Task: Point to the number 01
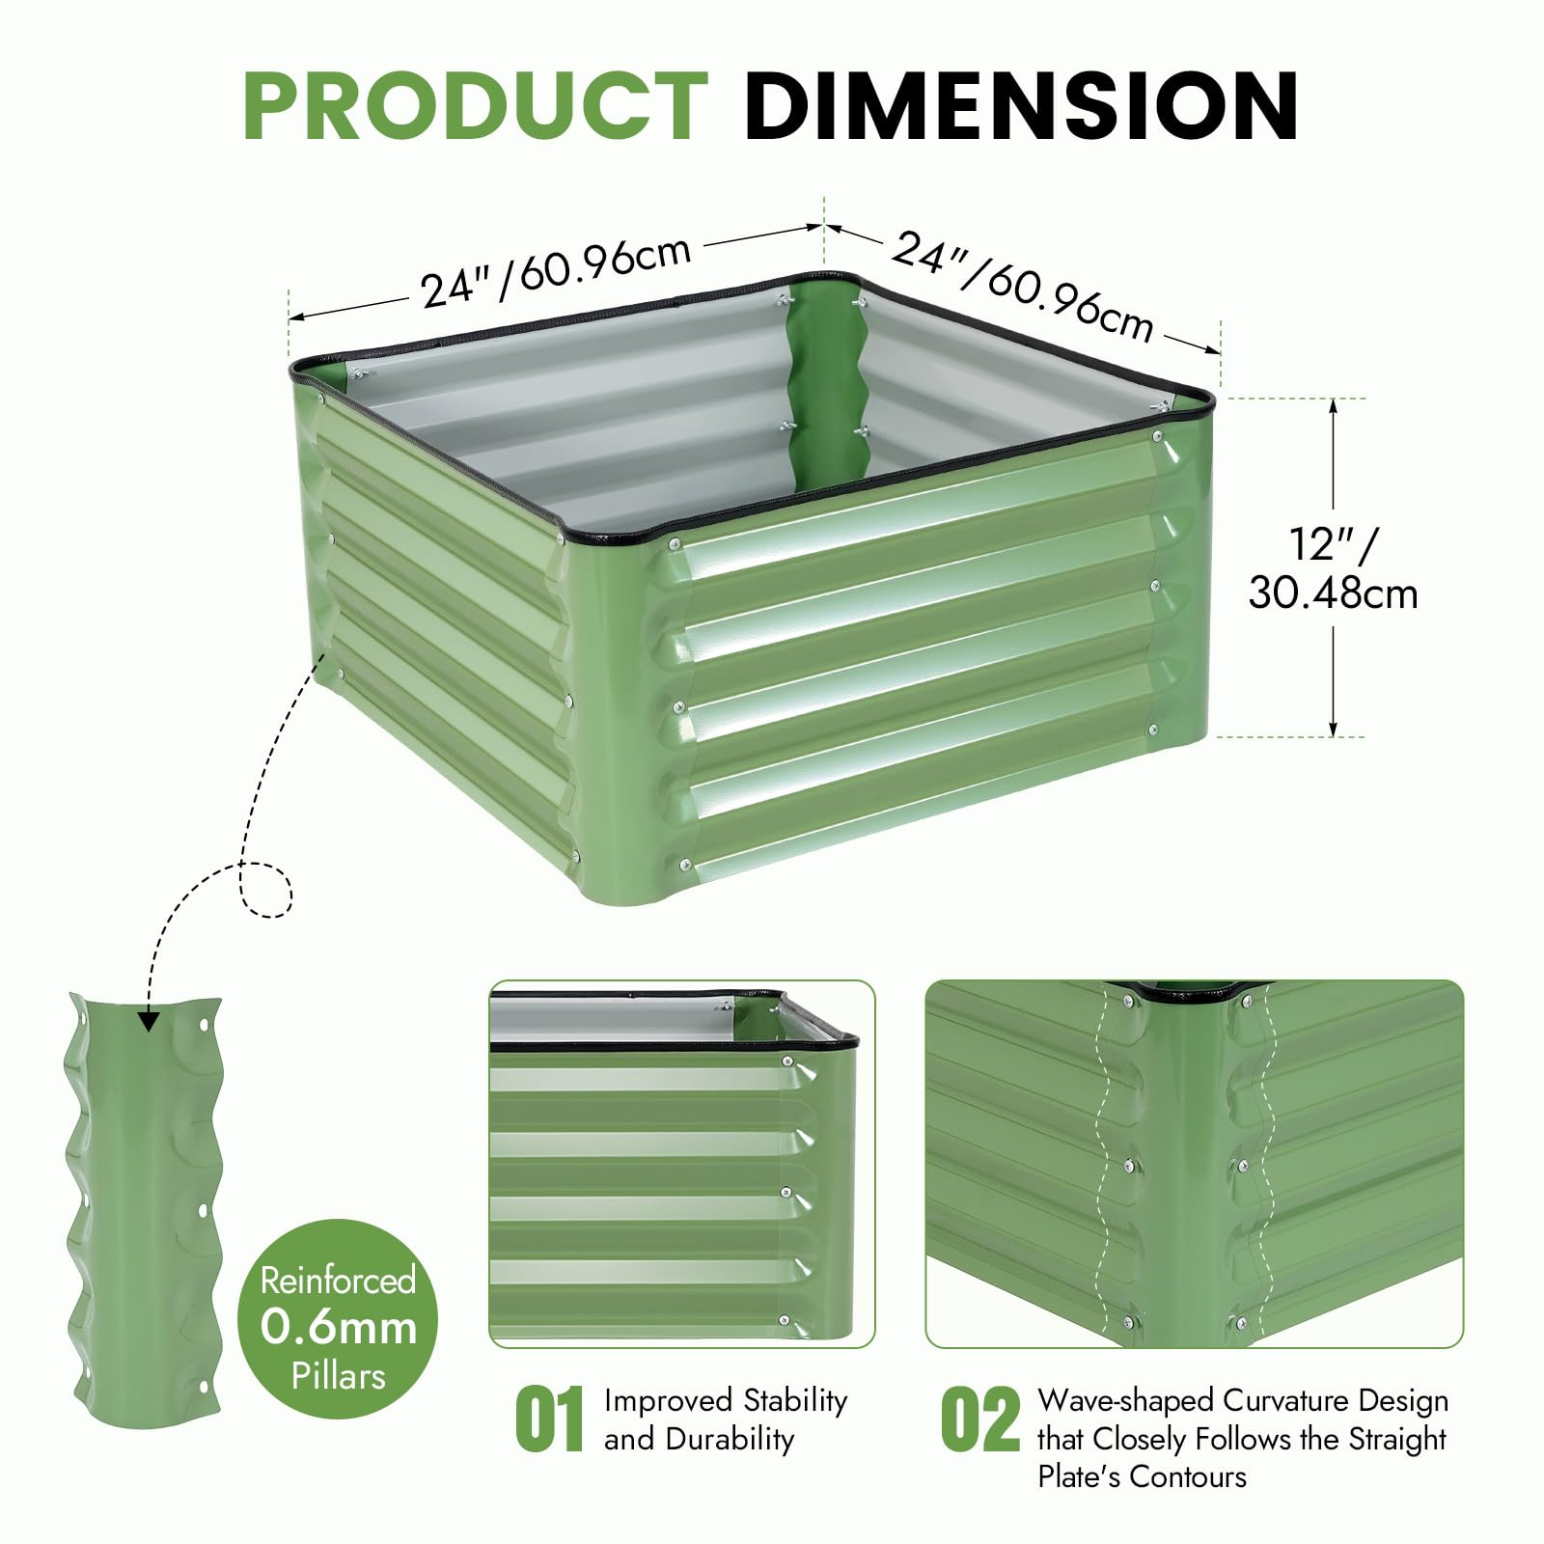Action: pyautogui.click(x=550, y=1419)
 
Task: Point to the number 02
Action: pyautogui.click(x=980, y=1419)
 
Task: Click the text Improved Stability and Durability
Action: pyautogui.click(x=726, y=1420)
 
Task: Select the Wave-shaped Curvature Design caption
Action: pyautogui.click(x=1243, y=1438)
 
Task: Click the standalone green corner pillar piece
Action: pyautogui.click(x=145, y=1211)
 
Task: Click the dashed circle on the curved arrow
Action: pyautogui.click(x=265, y=888)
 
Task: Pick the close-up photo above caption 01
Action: pyautogui.click(x=682, y=1165)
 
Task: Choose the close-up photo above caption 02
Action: pyautogui.click(x=1195, y=1165)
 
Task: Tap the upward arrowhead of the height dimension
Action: pyautogui.click(x=1334, y=409)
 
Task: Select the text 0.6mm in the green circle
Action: pyautogui.click(x=339, y=1328)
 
